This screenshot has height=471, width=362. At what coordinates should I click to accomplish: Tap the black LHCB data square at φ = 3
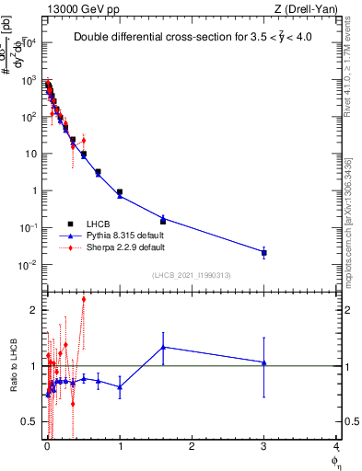click(264, 252)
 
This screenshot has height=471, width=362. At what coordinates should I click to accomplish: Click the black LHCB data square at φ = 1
click(120, 192)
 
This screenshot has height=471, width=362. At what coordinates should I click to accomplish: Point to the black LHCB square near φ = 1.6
click(163, 221)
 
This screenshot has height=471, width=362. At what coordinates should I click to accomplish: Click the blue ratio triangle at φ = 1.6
click(163, 347)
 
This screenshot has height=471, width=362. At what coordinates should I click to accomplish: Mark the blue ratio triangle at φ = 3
click(264, 362)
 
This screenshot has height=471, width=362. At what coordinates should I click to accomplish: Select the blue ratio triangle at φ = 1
click(120, 386)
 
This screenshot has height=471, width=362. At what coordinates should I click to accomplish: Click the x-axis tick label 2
click(192, 447)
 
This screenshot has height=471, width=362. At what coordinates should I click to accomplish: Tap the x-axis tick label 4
click(336, 447)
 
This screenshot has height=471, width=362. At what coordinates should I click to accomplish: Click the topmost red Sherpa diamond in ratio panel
click(84, 299)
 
